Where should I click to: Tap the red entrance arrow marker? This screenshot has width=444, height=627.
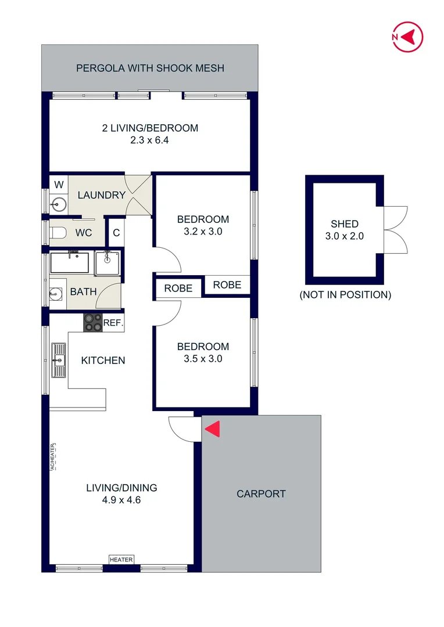(213, 429)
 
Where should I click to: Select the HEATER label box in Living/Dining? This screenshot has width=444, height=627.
(121, 560)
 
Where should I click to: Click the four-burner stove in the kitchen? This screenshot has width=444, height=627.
(92, 322)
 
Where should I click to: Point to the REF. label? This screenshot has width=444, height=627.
(113, 323)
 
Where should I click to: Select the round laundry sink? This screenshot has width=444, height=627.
(59, 203)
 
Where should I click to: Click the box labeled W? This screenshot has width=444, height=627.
(59, 185)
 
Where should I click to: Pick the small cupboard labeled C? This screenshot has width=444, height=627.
(116, 233)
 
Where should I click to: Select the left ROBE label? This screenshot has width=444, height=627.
(178, 289)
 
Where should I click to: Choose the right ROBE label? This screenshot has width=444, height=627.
(227, 284)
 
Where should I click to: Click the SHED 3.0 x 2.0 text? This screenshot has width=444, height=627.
(345, 230)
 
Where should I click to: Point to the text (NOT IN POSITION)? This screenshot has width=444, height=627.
(345, 295)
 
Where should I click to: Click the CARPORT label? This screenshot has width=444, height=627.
(261, 494)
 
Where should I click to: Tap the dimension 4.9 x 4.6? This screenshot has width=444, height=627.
(121, 499)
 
